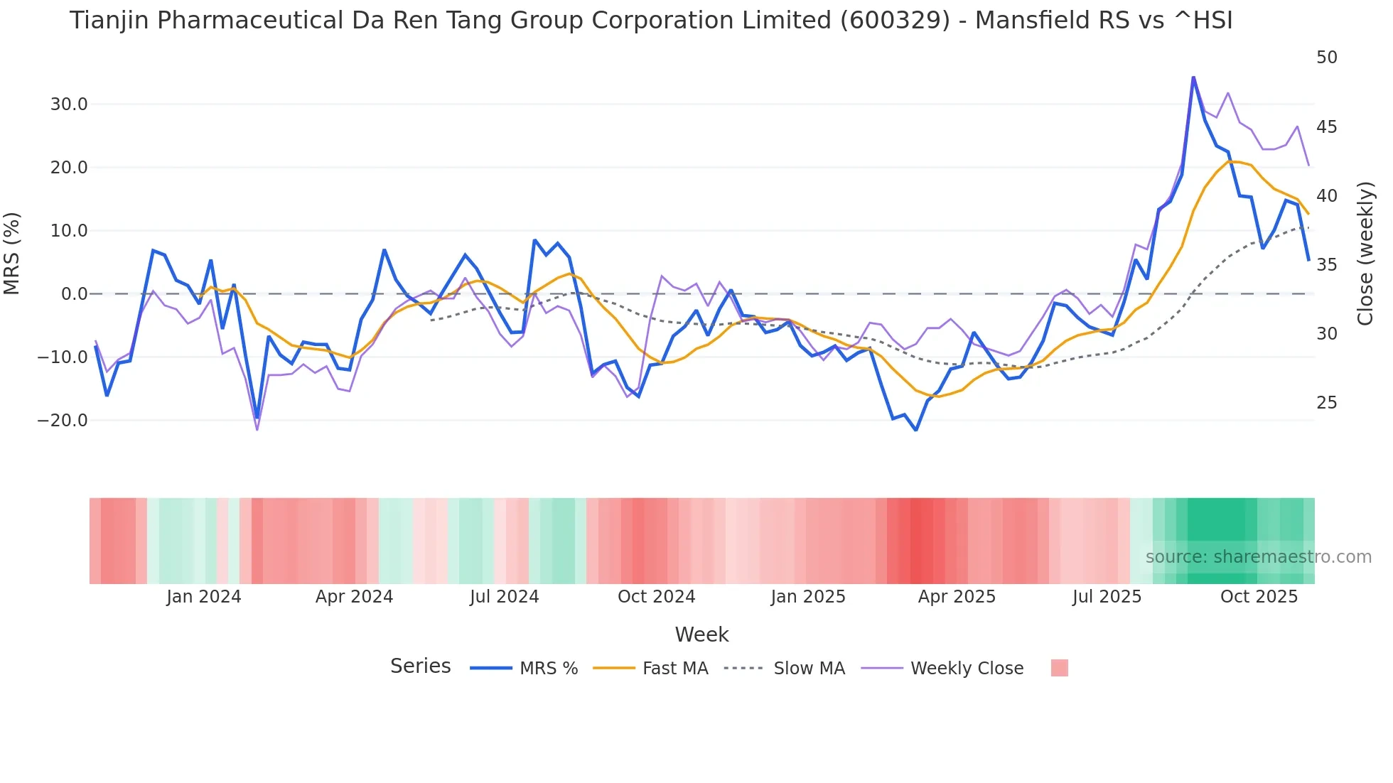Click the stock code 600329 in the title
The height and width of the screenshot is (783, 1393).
(x=895, y=21)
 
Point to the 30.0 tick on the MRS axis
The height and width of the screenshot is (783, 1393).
(x=68, y=104)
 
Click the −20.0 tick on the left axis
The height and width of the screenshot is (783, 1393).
(x=63, y=421)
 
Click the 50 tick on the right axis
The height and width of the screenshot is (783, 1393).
(x=1326, y=58)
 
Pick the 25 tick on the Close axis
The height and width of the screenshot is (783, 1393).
(x=1326, y=403)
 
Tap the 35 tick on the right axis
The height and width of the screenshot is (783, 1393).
(x=1326, y=265)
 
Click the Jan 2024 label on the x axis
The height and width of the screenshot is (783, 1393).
(x=204, y=597)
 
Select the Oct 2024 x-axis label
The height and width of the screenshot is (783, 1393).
(x=656, y=597)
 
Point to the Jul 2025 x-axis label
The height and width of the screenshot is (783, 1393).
(x=1107, y=597)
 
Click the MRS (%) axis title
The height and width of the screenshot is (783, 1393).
(x=12, y=254)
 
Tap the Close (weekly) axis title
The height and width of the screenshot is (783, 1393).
(x=1365, y=254)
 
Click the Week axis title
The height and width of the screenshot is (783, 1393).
(x=701, y=634)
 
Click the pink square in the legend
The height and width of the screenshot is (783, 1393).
(x=1059, y=668)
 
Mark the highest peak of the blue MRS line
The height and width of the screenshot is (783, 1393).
(x=1193, y=77)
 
